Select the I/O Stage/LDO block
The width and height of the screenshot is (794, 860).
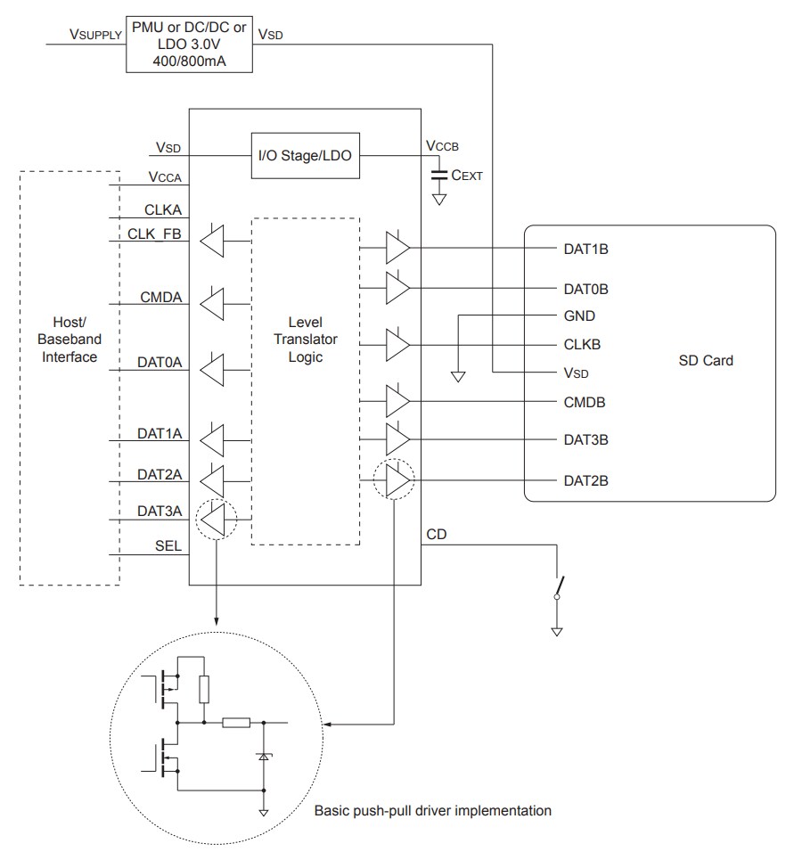point(305,155)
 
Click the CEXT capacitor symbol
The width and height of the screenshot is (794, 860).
point(438,176)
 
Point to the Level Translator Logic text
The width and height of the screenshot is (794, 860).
point(306,340)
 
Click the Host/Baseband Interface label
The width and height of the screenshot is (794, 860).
point(70,340)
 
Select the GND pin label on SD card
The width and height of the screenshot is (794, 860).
point(579,316)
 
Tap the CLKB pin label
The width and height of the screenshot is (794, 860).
point(582,344)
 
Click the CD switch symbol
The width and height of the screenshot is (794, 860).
point(558,586)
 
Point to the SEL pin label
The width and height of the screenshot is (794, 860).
point(168,546)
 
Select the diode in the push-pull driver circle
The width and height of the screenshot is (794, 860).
point(264,755)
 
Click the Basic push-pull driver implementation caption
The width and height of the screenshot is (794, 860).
point(432,811)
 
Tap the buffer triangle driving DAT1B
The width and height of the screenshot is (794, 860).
point(397,249)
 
